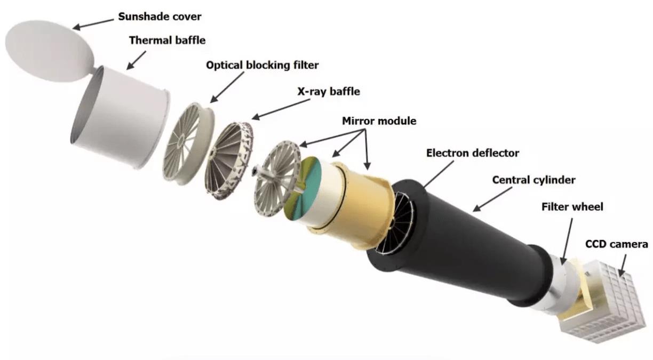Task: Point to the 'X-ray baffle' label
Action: pos(328,91)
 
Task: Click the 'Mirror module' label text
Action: pos(379,121)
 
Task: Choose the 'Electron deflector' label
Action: pos(473,153)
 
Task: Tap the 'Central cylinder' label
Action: pos(533,180)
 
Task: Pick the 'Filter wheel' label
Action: pos(572,206)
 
